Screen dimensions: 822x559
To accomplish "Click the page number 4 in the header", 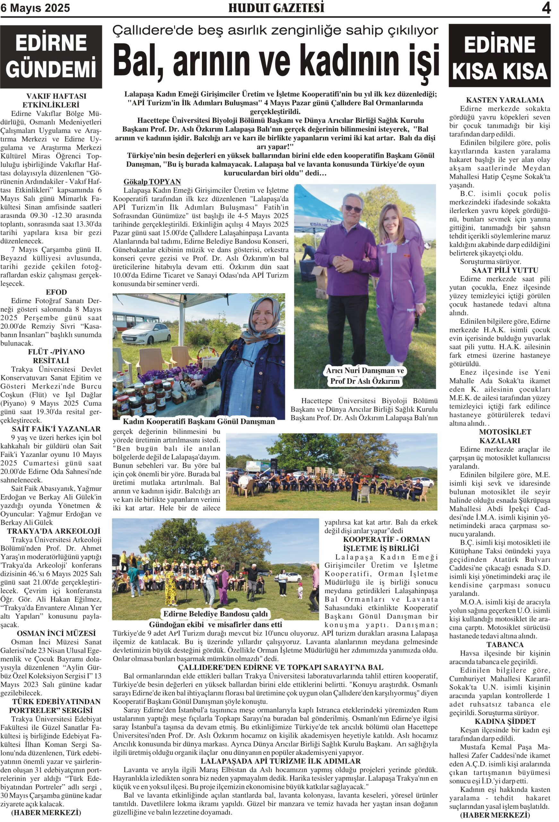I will click(x=546, y=8).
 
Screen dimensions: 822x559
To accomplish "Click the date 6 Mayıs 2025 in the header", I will click(x=35, y=8).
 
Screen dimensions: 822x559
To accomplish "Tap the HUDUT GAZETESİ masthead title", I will click(x=276, y=8).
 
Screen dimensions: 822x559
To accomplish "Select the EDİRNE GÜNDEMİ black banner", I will click(x=51, y=57).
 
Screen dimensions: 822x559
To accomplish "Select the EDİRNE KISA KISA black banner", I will click(x=500, y=56).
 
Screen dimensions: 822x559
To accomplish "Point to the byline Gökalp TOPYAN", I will click(x=152, y=182).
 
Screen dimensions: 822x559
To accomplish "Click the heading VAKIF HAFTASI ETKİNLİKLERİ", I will click(x=56, y=101).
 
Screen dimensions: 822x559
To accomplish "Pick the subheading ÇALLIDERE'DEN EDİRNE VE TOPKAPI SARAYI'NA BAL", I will click(x=280, y=668).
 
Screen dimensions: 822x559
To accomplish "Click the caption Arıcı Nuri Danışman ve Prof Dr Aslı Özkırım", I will click(x=365, y=376).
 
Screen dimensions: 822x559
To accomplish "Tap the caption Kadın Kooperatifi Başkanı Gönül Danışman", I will click(x=199, y=421).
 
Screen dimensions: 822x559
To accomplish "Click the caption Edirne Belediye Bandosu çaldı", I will click(x=215, y=614).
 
